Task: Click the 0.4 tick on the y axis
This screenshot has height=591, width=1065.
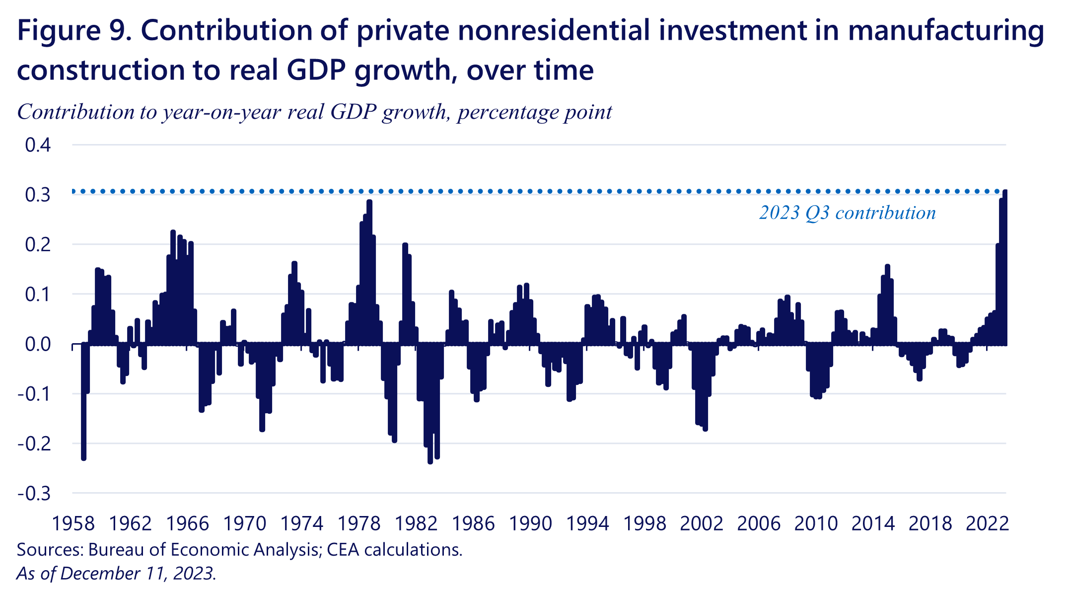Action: (x=38, y=145)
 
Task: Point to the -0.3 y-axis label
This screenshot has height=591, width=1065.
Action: (x=34, y=494)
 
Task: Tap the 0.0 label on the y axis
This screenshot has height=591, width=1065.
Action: (x=38, y=344)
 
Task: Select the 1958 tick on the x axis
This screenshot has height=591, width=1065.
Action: (x=73, y=523)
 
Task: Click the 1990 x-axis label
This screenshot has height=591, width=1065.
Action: (x=530, y=523)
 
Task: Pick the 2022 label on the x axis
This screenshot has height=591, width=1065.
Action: (x=987, y=523)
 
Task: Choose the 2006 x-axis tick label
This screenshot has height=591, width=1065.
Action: (x=759, y=523)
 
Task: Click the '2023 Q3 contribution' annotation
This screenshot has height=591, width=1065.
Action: (x=847, y=213)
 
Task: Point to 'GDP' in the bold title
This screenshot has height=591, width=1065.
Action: (x=316, y=70)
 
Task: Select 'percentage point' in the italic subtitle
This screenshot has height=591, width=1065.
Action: (x=534, y=112)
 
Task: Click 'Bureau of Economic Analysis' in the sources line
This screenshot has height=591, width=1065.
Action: (x=204, y=550)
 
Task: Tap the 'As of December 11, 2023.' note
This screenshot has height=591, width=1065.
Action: (x=116, y=574)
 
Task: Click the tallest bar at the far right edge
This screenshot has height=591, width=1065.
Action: (x=1004, y=268)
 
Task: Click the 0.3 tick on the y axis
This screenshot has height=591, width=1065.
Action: (x=38, y=195)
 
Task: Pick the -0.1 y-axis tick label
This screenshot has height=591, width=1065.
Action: (x=34, y=394)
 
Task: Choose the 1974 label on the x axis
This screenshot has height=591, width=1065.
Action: (x=301, y=523)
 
